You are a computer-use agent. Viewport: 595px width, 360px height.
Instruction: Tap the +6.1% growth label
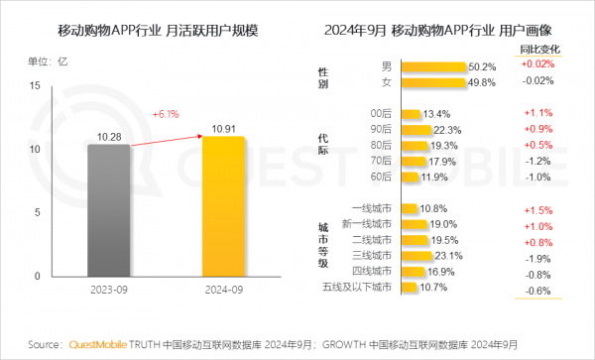tap(166, 114)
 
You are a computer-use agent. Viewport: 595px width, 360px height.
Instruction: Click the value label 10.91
tap(222, 128)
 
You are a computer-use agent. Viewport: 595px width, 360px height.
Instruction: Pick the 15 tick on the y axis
tap(35, 86)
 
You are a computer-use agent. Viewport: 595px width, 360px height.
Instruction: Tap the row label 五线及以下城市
tap(360, 288)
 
